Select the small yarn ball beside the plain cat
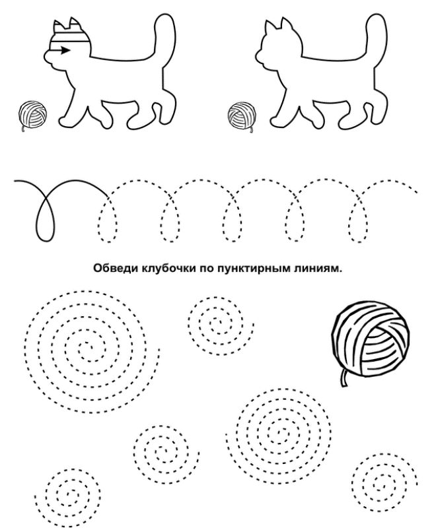pos(242,115)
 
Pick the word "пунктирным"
pos(250,269)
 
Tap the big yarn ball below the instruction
pos(371,339)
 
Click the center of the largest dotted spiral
pos(85,348)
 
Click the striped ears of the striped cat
pos(67,26)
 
